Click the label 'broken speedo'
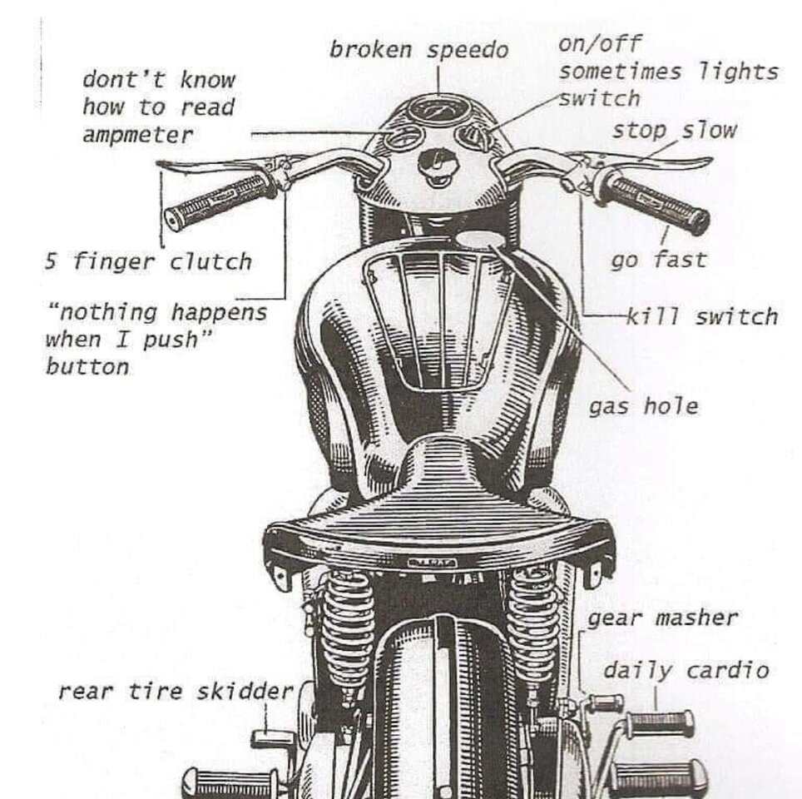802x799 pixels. (x=418, y=50)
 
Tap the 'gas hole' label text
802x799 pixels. (x=643, y=406)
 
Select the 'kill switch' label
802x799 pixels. (x=701, y=316)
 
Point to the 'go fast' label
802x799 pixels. (x=658, y=260)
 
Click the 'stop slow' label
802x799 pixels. (x=675, y=130)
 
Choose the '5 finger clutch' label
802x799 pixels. (x=147, y=262)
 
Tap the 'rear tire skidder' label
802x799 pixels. (x=176, y=691)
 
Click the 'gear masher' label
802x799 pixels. (x=662, y=618)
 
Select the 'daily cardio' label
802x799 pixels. (x=686, y=670)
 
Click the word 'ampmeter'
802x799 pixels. (x=137, y=134)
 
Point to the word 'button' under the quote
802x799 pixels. (x=87, y=366)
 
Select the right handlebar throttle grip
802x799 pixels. (x=656, y=200)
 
